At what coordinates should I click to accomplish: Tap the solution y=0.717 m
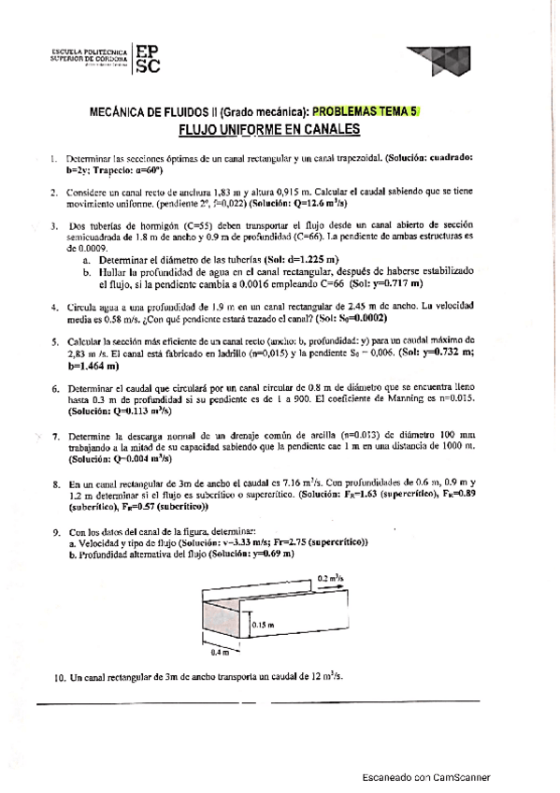point(396,282)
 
